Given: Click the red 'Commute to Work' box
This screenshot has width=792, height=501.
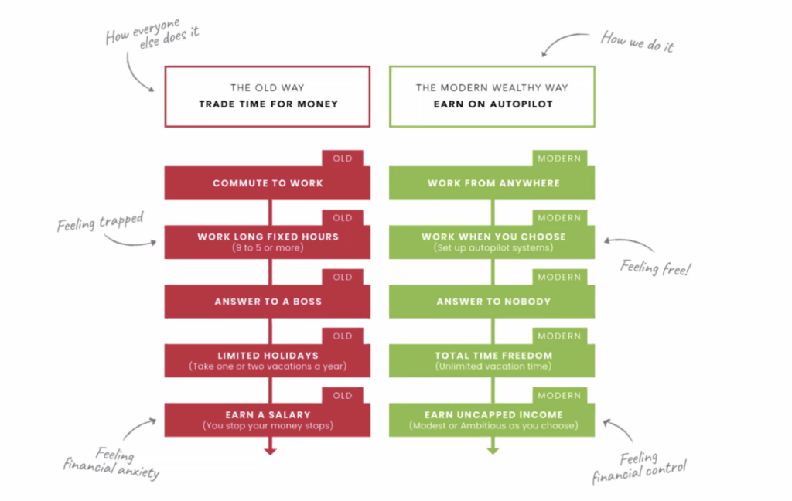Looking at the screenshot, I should (x=268, y=183).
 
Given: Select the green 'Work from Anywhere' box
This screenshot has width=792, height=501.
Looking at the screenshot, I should (x=492, y=183).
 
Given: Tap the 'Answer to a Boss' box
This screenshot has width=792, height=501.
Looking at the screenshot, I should (x=268, y=302).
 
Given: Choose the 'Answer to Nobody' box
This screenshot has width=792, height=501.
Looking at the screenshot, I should (x=492, y=302).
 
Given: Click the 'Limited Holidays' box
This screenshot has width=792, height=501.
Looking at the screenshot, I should (x=268, y=360).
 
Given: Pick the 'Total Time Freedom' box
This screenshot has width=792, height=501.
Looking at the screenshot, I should (x=492, y=360).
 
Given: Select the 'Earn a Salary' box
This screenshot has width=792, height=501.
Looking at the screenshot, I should (x=268, y=420).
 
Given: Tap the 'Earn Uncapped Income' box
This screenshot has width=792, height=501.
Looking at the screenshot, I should (x=492, y=420).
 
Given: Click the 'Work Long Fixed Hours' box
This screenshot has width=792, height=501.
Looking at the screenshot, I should (x=268, y=241).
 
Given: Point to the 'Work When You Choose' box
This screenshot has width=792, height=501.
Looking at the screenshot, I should (x=492, y=241).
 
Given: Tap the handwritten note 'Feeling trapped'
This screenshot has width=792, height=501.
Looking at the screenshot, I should (x=101, y=223).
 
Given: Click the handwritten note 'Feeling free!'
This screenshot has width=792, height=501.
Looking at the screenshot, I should (x=656, y=268).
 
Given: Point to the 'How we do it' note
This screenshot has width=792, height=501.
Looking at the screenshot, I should (x=637, y=42).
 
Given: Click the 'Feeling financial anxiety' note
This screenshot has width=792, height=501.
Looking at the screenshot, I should (x=112, y=462).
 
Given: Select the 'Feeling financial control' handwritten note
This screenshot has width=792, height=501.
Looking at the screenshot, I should (x=640, y=467).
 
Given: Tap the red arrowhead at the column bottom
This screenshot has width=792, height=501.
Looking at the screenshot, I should (x=269, y=449).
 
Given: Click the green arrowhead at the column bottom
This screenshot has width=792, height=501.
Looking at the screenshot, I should (x=492, y=449).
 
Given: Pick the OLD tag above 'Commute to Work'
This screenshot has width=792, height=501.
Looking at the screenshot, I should (x=343, y=158).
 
